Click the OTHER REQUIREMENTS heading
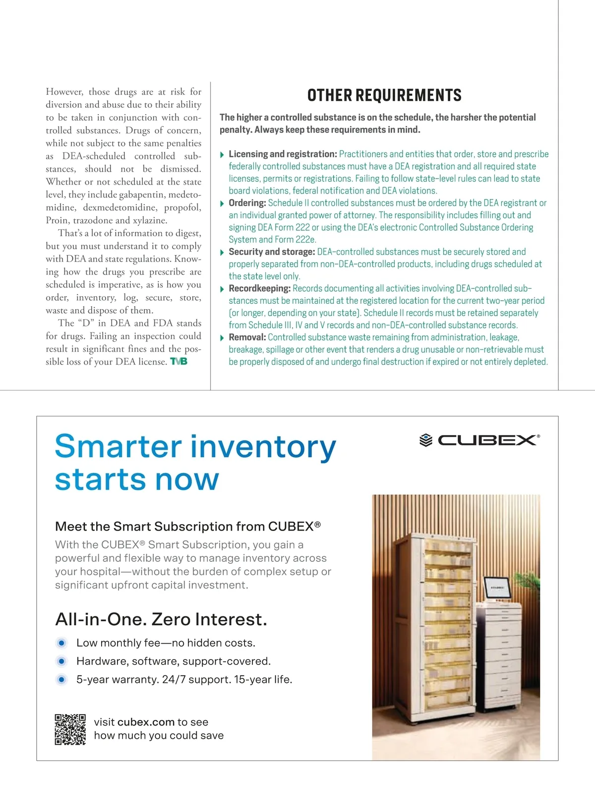(384, 95)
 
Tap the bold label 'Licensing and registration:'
(283, 154)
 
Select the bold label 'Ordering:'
(247, 203)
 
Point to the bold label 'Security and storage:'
(272, 252)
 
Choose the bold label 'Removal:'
(247, 337)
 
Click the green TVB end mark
(179, 362)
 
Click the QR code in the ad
(70, 729)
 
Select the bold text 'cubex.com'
(146, 722)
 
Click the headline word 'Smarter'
(119, 446)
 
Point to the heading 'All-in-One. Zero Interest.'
(161, 619)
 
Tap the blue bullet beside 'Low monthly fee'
(61, 643)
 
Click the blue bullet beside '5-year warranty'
(61, 679)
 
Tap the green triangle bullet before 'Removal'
(222, 338)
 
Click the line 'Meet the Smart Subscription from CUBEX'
(187, 527)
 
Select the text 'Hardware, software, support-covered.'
(174, 661)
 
